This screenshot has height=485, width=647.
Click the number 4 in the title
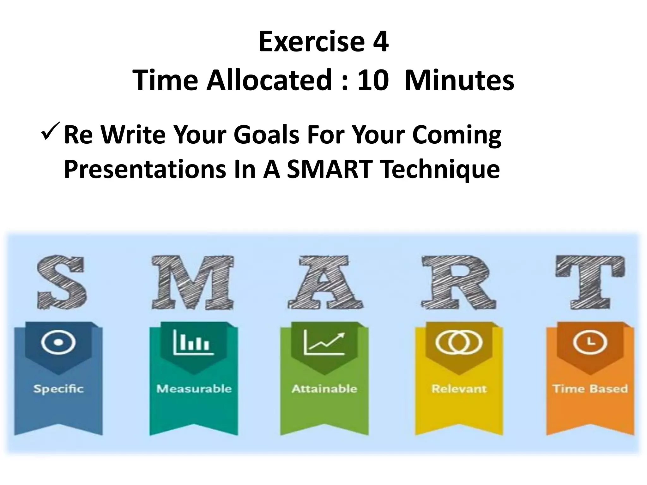coord(380,42)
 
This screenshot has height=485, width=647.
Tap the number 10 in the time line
coord(372,81)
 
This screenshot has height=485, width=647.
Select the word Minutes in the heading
coord(459,81)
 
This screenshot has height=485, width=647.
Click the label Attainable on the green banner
coord(324,389)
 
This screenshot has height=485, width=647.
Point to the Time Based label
coord(590,389)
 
